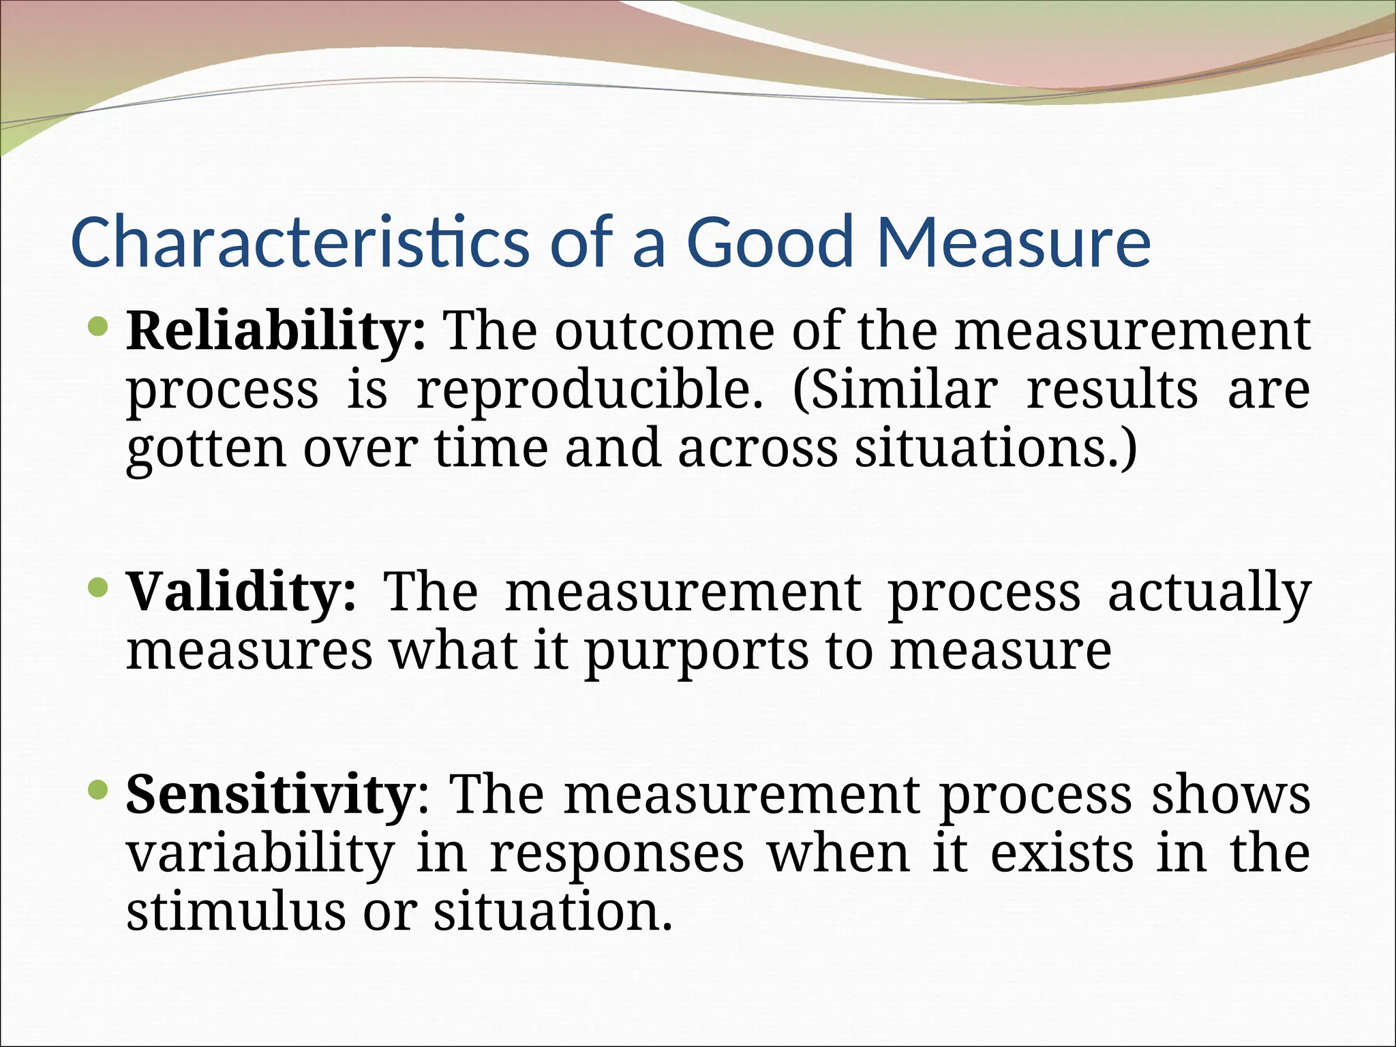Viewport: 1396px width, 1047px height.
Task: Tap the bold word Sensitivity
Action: pos(269,795)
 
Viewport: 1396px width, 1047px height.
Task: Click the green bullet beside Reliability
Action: pos(99,328)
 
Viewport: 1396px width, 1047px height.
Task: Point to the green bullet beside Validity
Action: pos(99,587)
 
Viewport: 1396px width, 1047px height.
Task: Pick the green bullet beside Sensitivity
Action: pos(99,790)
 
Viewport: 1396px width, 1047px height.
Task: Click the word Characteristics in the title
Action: pos(299,242)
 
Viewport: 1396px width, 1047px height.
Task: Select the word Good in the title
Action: pos(770,242)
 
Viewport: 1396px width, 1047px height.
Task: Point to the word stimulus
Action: pos(236,913)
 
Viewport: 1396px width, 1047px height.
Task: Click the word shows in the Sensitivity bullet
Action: pos(1231,795)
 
